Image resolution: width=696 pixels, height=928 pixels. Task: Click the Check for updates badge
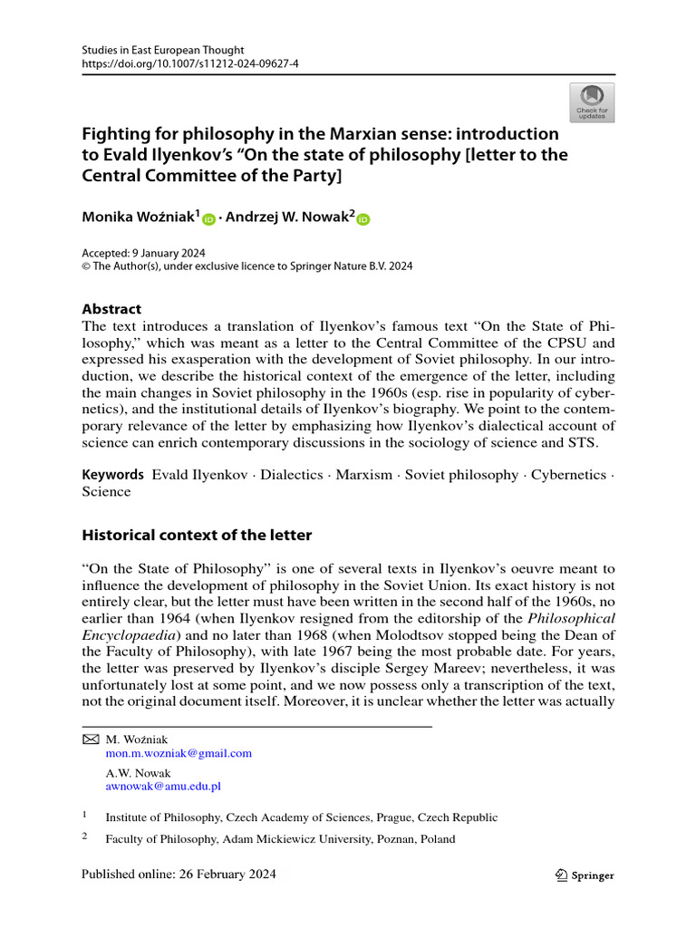[591, 102]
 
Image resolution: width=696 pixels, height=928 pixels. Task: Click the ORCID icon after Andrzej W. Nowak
[364, 219]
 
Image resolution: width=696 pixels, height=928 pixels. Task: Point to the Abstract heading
[111, 309]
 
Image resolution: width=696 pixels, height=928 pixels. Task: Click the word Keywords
[112, 475]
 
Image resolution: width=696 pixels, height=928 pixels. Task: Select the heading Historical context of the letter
[197, 535]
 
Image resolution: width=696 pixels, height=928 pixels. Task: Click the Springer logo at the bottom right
[584, 875]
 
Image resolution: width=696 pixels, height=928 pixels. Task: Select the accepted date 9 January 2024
[173, 252]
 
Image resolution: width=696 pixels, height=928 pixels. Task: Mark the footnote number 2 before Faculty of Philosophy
[84, 837]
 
